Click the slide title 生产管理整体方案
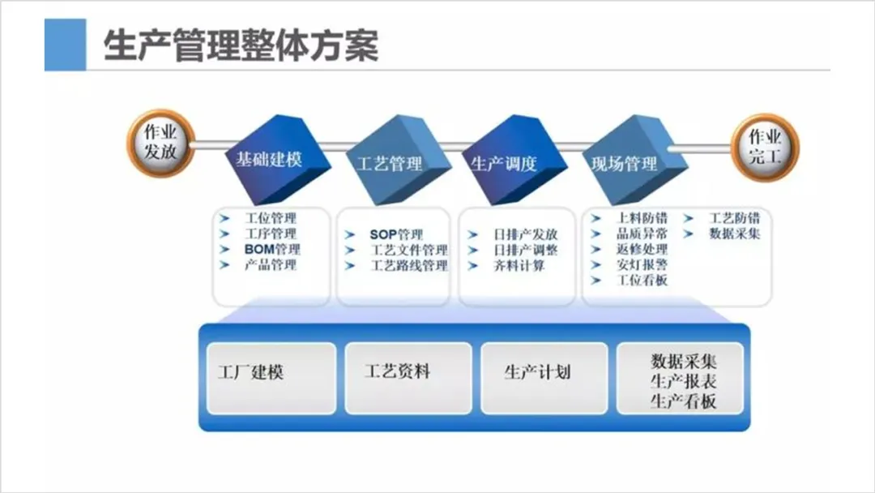pos(241,46)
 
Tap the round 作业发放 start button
pos(160,143)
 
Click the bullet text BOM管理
pos(271,249)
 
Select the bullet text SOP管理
pos(396,234)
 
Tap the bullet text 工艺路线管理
pos(409,265)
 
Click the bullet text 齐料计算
pos(519,265)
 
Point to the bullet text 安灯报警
pos(642,264)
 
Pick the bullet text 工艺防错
pos(734,218)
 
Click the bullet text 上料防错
pos(642,218)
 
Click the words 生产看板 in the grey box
pos(683,401)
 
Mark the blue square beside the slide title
pos(65,45)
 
